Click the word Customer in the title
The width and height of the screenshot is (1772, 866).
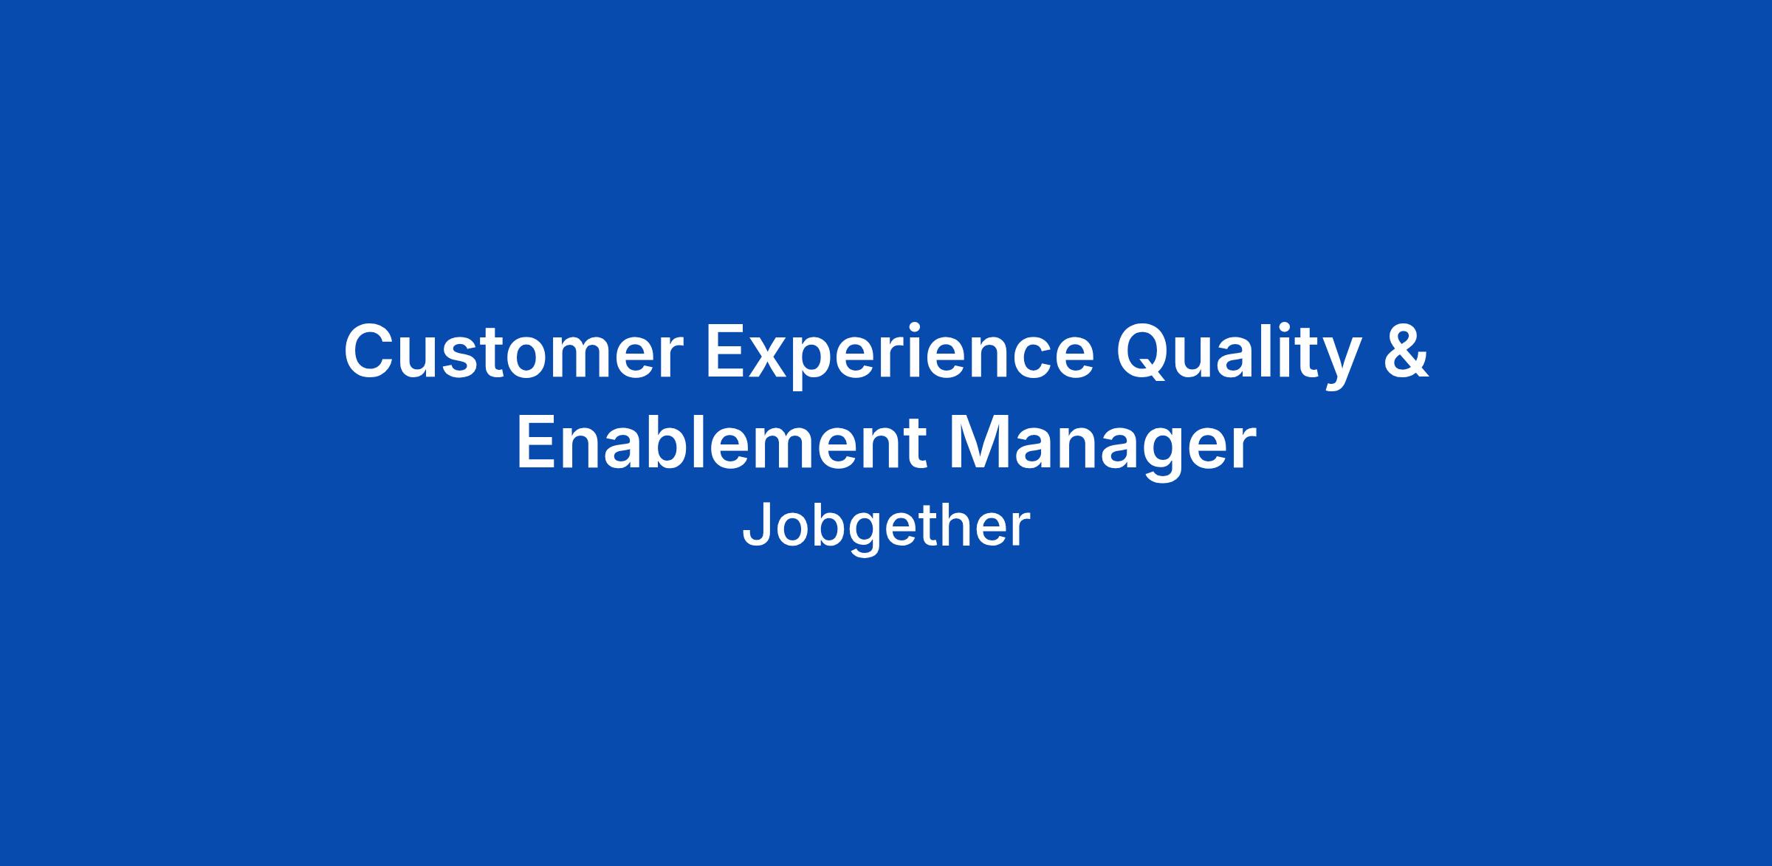(509, 351)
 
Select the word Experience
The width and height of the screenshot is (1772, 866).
(900, 357)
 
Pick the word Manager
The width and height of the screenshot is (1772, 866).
(1103, 447)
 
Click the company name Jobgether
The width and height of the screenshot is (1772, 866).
(885, 526)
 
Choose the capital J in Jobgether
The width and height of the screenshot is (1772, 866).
(758, 524)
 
